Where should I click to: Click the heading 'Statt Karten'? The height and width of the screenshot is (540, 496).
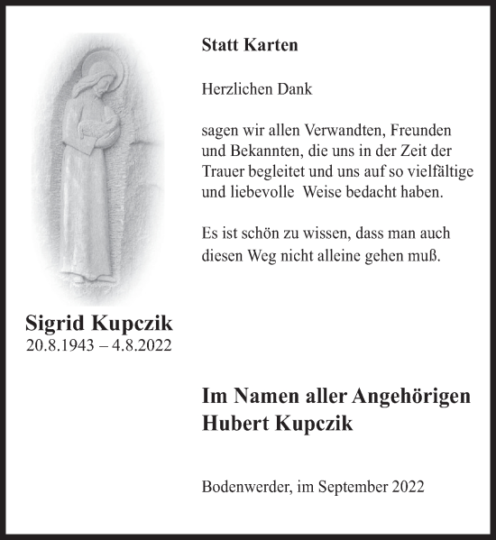[x=250, y=45]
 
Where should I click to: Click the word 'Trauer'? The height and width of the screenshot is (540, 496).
[x=224, y=171]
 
